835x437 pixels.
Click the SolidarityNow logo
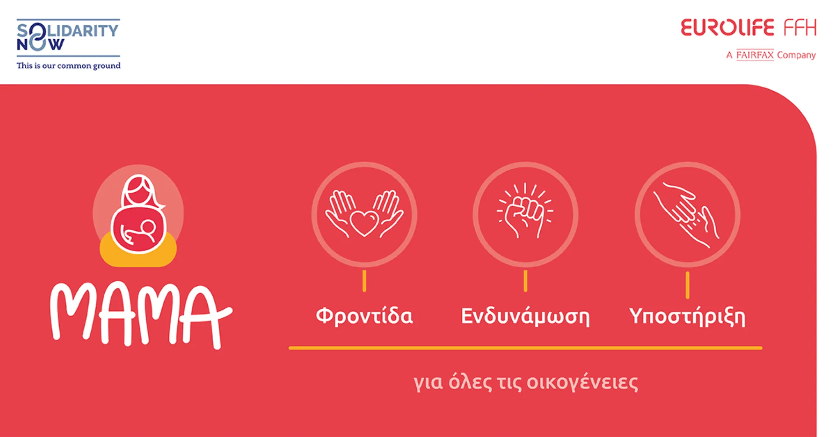tap(67, 37)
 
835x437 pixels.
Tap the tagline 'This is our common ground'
tap(68, 66)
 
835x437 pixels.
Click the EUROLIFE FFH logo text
tap(748, 28)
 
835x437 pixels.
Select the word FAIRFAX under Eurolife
tap(755, 55)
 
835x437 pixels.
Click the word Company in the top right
tap(796, 55)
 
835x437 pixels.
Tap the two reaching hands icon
tap(687, 214)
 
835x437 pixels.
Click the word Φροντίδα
tap(364, 316)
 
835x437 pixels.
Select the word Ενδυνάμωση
tap(525, 316)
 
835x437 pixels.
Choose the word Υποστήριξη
tap(687, 316)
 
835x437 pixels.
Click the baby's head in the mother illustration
tap(148, 227)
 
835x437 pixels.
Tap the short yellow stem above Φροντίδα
tap(364, 281)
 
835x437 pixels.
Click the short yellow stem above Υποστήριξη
tap(687, 285)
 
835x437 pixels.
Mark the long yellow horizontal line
tap(525, 348)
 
